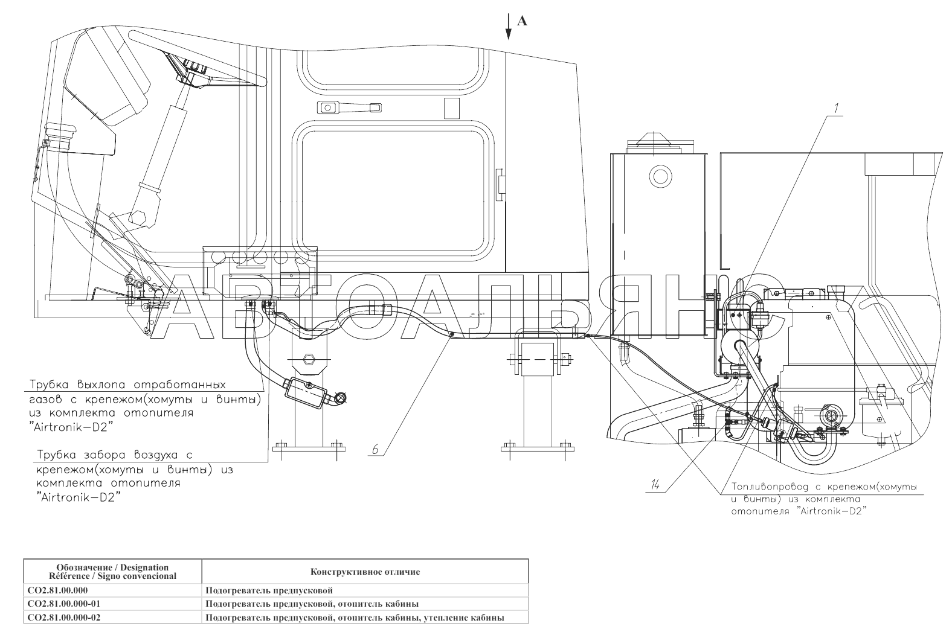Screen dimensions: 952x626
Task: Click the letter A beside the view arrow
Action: coord(522,21)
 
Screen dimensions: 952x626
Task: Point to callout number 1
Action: coord(836,108)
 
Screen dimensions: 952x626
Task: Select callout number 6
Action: coord(375,449)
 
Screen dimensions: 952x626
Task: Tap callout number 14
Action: coord(655,485)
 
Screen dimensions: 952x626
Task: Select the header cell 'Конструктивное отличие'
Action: coord(365,572)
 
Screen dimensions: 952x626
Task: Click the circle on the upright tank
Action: coord(660,175)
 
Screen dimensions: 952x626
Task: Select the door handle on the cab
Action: coord(349,107)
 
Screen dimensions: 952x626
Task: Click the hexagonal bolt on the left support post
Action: coord(307,359)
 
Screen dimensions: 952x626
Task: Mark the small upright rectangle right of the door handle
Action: coord(452,108)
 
